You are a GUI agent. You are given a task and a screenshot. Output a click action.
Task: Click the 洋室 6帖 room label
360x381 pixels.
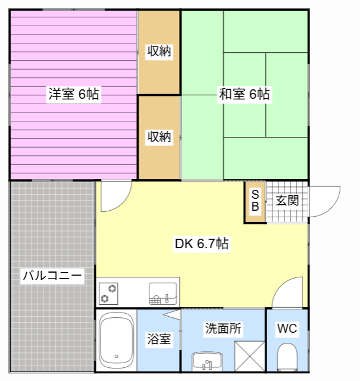[73, 94]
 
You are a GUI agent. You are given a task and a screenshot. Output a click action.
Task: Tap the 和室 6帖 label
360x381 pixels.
[244, 94]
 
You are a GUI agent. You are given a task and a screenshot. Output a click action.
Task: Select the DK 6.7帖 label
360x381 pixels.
[202, 243]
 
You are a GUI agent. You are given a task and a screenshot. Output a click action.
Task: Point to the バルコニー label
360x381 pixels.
[52, 276]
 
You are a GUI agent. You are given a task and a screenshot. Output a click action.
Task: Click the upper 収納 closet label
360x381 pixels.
[159, 51]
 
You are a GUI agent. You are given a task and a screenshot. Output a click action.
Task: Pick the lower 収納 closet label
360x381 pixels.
[159, 137]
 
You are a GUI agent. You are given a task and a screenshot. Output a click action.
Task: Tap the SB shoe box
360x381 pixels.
[255, 201]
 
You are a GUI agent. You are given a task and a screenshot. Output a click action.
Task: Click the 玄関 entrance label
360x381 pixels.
[286, 201]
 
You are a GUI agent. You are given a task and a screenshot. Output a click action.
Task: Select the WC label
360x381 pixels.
[287, 329]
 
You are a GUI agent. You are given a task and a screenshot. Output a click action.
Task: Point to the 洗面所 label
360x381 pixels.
[223, 328]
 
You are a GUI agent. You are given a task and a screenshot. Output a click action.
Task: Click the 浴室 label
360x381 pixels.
[159, 339]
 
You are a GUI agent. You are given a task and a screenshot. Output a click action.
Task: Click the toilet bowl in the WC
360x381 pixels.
[287, 357]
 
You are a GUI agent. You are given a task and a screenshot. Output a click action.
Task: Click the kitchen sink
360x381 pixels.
[162, 292]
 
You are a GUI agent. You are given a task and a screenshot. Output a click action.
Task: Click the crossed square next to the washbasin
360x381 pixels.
[249, 356]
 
